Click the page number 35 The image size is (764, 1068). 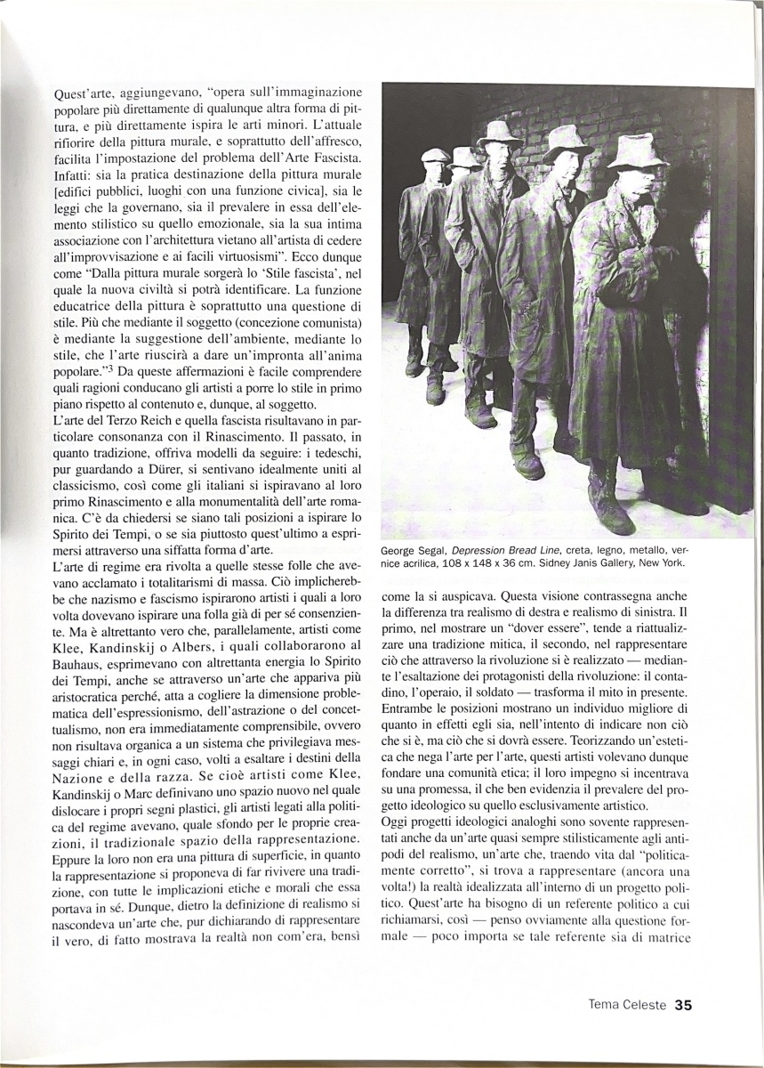click(683, 1005)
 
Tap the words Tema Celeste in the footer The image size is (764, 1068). click(627, 1005)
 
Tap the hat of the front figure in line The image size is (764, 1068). click(637, 150)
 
